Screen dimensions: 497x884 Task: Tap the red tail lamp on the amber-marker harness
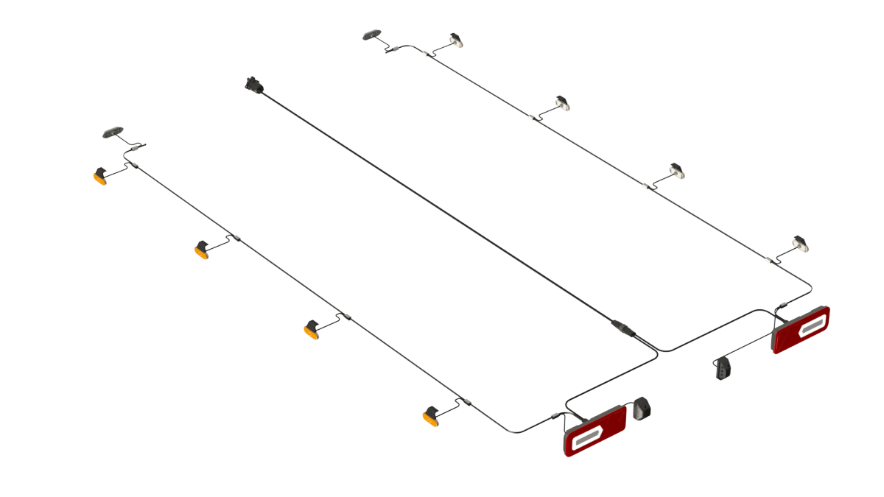click(x=594, y=431)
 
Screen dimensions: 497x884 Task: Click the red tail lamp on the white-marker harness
click(x=800, y=330)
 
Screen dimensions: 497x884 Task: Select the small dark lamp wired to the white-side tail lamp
click(x=723, y=368)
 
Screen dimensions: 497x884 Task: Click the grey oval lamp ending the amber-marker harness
click(x=113, y=133)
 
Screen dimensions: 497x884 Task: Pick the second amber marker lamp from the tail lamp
click(x=312, y=331)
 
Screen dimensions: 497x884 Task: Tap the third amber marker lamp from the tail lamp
click(x=202, y=250)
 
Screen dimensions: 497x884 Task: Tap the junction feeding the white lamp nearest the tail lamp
click(x=769, y=260)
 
